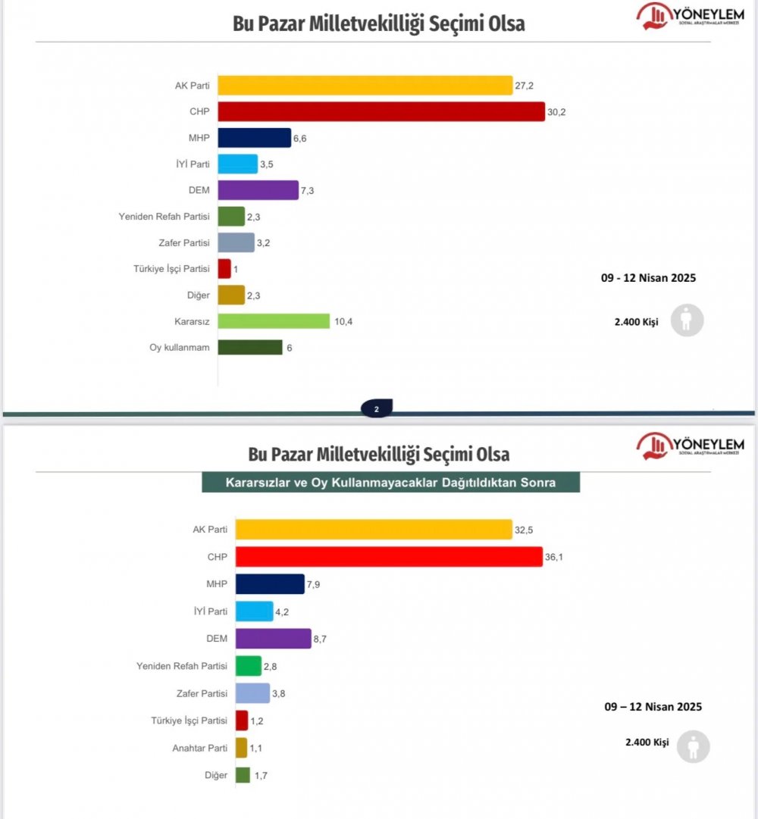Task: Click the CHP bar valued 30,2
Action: [x=381, y=111]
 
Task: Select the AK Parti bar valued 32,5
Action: [x=374, y=529]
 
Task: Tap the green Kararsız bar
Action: [x=274, y=321]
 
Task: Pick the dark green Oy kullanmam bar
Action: [x=250, y=347]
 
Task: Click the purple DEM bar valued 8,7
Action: [x=273, y=639]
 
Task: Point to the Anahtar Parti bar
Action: [x=241, y=748]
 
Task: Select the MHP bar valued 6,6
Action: [x=254, y=138]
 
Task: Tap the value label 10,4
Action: [x=344, y=322]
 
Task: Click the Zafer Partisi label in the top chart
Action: [x=185, y=242]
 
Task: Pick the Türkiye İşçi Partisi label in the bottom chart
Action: [x=189, y=721]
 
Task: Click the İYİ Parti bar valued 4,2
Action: [x=254, y=611]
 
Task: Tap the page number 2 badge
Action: [x=377, y=410]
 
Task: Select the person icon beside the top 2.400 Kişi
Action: [x=687, y=321]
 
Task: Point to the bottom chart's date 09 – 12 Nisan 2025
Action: [x=653, y=707]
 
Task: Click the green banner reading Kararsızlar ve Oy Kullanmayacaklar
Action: [x=390, y=483]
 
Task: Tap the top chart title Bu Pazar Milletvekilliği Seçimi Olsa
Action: [x=378, y=23]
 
